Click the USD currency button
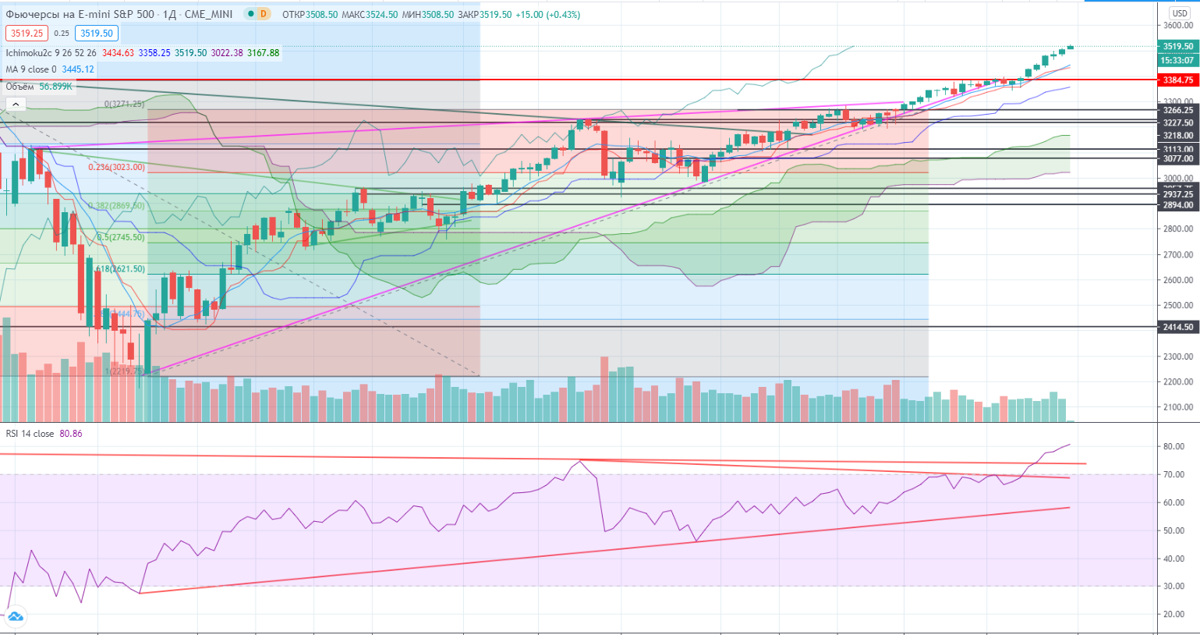1179,13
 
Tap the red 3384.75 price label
1177,80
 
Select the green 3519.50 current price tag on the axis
1177,47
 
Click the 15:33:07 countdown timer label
1177,60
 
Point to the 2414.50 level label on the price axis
1177,327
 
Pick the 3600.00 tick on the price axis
1177,26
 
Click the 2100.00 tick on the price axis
1177,407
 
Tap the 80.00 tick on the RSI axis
1173,447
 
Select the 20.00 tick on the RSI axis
1173,615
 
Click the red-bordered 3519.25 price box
27,34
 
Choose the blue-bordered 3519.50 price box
97,34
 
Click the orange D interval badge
264,14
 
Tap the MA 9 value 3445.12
77,69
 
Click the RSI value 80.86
71,434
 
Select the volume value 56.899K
55,87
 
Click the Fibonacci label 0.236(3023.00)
116,167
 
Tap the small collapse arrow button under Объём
15,104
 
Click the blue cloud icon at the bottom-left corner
15,617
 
